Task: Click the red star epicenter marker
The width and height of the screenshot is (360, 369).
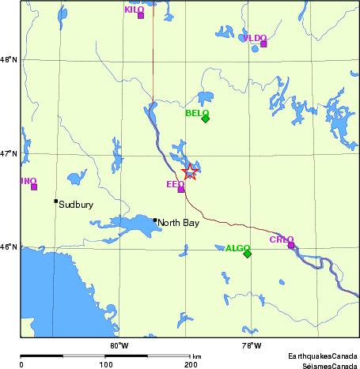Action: (x=190, y=172)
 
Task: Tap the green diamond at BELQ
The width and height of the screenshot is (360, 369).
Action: (x=205, y=119)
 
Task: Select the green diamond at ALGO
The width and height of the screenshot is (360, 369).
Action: (x=247, y=254)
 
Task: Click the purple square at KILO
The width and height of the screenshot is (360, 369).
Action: (x=141, y=15)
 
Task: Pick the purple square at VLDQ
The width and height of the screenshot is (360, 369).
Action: (x=263, y=43)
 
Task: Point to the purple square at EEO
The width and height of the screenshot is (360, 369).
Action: (x=181, y=189)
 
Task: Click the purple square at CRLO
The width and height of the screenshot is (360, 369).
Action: (x=291, y=245)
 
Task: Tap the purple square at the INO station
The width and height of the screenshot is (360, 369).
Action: (x=34, y=186)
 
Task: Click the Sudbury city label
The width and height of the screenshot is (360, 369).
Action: (x=76, y=205)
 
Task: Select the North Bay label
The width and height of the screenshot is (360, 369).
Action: (x=178, y=223)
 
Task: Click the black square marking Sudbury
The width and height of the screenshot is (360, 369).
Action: (x=55, y=201)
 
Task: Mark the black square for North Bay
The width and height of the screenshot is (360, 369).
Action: (x=155, y=220)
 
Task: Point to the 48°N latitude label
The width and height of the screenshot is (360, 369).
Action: (x=7, y=59)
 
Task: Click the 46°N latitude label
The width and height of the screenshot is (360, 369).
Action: (x=7, y=247)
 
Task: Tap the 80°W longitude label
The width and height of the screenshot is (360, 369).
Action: (x=119, y=345)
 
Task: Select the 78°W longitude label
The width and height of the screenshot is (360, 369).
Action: (x=252, y=345)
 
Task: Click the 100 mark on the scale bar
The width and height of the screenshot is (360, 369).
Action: (x=105, y=365)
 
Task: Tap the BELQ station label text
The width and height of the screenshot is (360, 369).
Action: (x=196, y=113)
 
